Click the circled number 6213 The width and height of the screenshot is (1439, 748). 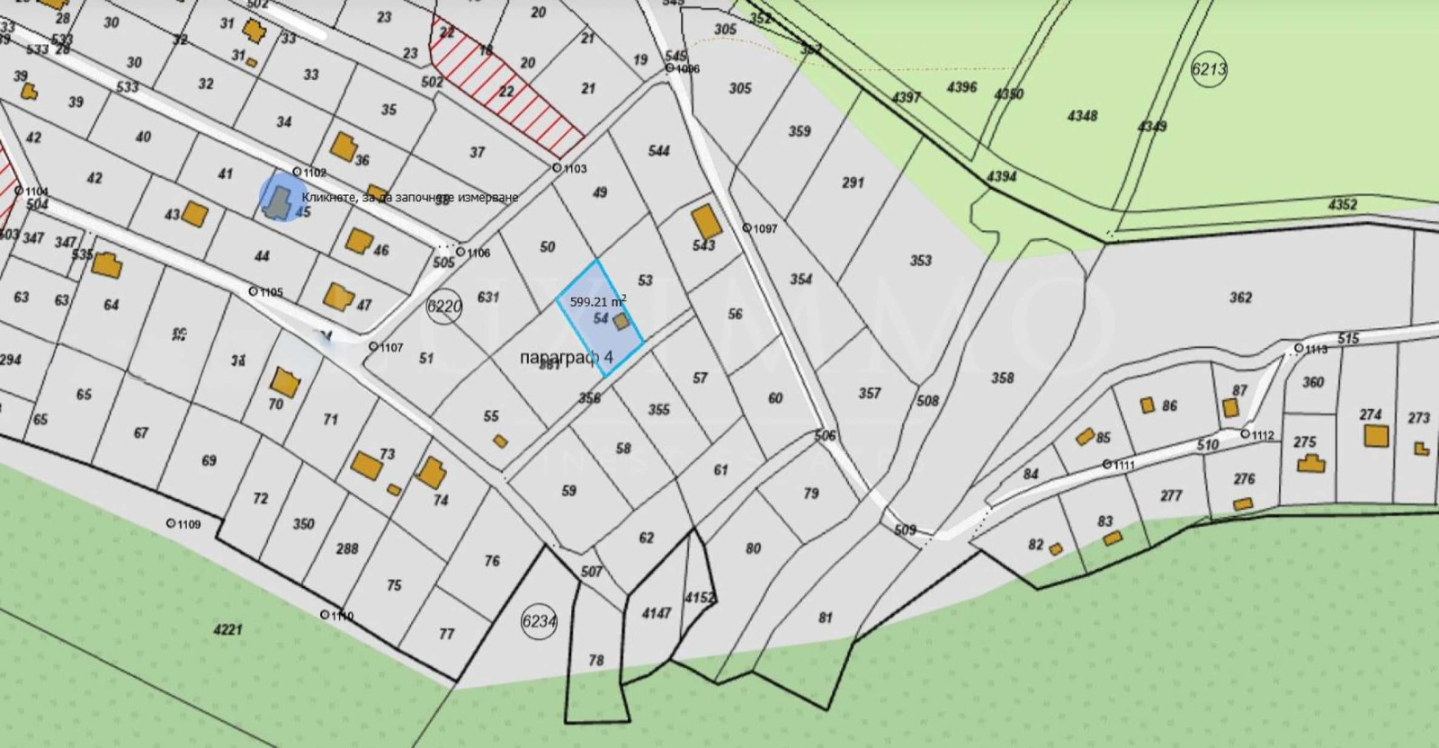pyautogui.click(x=1209, y=69)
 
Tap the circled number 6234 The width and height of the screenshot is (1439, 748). pyautogui.click(x=539, y=621)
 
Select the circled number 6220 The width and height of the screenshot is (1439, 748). pyautogui.click(x=444, y=307)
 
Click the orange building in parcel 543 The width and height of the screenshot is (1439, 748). pyautogui.click(x=706, y=221)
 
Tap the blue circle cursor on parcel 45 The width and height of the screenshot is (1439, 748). pyautogui.click(x=280, y=196)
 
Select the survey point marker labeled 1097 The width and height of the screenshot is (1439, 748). pyautogui.click(x=746, y=228)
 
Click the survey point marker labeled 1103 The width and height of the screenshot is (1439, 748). pyautogui.click(x=557, y=168)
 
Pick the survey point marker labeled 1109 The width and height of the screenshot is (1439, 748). pyautogui.click(x=171, y=523)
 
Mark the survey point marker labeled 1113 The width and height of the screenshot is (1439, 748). pyautogui.click(x=1299, y=348)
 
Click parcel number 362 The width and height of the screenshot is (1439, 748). pyautogui.click(x=1240, y=298)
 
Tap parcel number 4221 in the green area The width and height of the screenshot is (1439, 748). pyautogui.click(x=228, y=629)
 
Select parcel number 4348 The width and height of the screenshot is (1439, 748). pyautogui.click(x=1082, y=116)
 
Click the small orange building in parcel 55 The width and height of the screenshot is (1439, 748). pyautogui.click(x=500, y=441)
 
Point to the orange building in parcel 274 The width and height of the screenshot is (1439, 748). pyautogui.click(x=1374, y=436)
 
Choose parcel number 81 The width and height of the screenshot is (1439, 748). pyautogui.click(x=826, y=618)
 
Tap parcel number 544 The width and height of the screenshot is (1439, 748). pyautogui.click(x=659, y=151)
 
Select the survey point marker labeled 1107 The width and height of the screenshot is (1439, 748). pyautogui.click(x=373, y=346)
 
